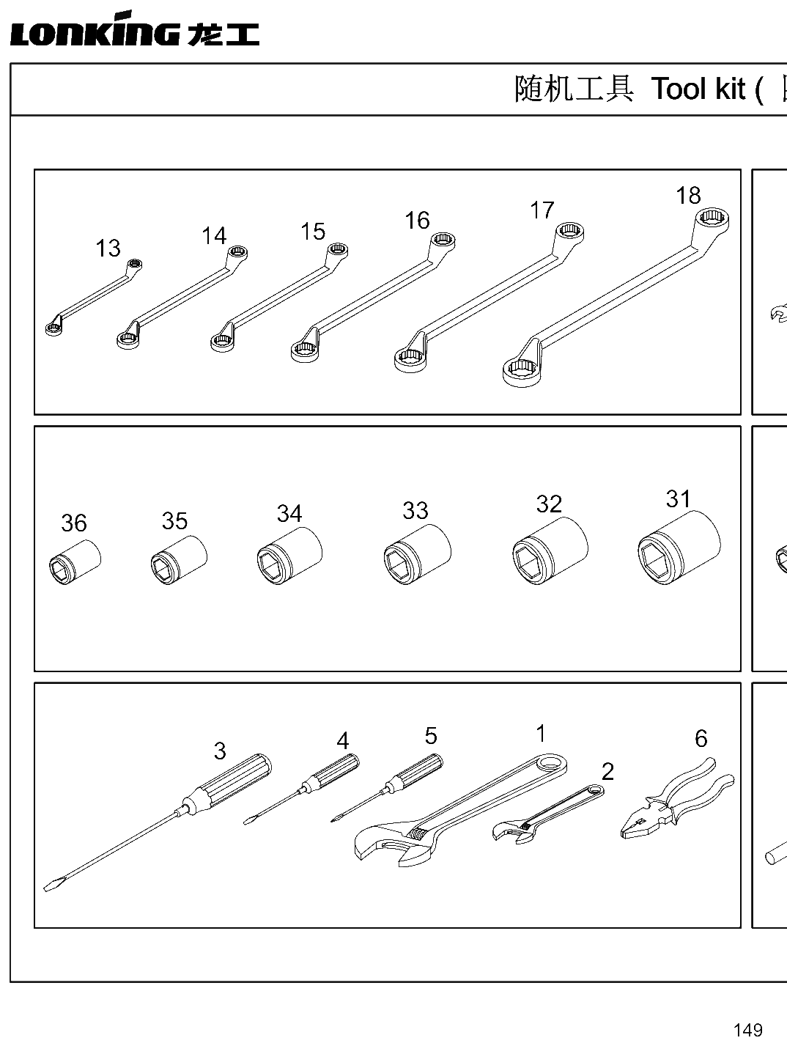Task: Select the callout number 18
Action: [688, 196]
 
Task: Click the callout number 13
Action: [108, 248]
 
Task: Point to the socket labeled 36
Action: [75, 562]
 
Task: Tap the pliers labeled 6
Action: [677, 798]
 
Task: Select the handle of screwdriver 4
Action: [333, 770]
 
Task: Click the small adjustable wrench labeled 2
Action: [548, 815]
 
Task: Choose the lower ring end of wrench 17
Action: [410, 360]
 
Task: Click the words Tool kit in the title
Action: [698, 89]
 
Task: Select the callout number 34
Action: [289, 514]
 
